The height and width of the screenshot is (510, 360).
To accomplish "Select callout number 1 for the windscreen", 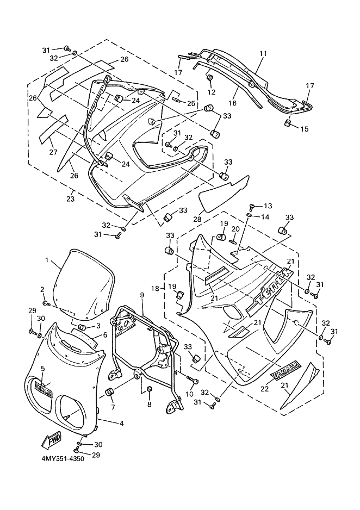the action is pyautogui.click(x=47, y=260).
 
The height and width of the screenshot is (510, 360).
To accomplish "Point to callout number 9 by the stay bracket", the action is pyautogui.click(x=142, y=295).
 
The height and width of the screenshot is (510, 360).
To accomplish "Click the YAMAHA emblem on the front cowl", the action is pyautogui.click(x=44, y=389).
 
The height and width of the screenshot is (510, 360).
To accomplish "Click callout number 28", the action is pyautogui.click(x=198, y=220).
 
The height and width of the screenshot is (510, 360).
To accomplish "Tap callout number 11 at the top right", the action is pyautogui.click(x=263, y=54).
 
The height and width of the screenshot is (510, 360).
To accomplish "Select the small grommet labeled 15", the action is pyautogui.click(x=288, y=123).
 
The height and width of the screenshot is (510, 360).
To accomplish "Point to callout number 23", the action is pyautogui.click(x=71, y=198).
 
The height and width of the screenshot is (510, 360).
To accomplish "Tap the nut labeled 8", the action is pyautogui.click(x=150, y=389).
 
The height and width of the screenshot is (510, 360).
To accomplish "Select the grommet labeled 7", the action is pyautogui.click(x=109, y=393).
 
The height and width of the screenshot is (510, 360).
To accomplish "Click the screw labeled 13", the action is pyautogui.click(x=252, y=207).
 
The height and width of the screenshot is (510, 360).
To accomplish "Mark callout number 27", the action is pyautogui.click(x=53, y=152).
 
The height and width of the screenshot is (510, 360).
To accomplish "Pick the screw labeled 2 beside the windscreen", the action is pyautogui.click(x=46, y=303).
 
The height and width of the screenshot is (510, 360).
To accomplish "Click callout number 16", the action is pyautogui.click(x=232, y=103).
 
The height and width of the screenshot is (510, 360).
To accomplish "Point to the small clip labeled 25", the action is pyautogui.click(x=177, y=99).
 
